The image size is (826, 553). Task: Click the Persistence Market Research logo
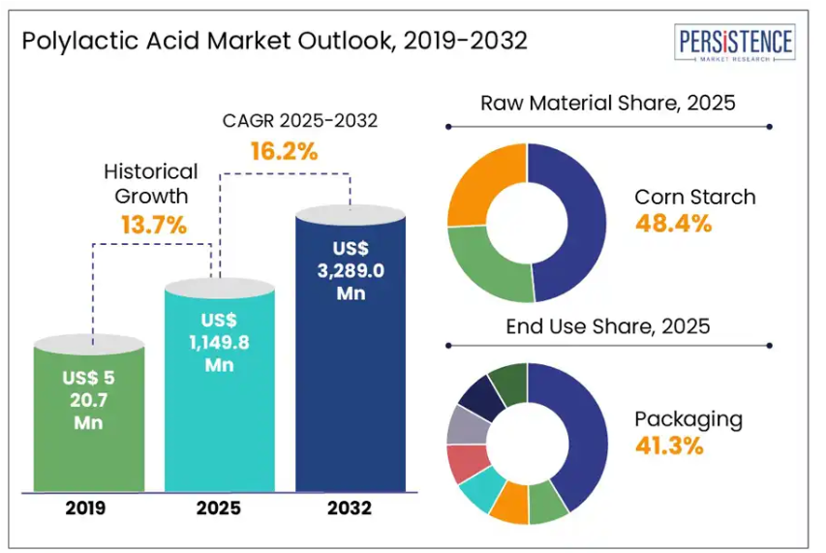pos(736,45)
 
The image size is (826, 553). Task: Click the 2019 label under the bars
pos(88,507)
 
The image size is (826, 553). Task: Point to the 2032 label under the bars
pos(351,507)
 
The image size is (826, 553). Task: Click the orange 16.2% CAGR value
pos(284,151)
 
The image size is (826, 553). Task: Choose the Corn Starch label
pos(694,197)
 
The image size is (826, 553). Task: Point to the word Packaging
pos(688,419)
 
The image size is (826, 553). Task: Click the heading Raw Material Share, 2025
pos(608,103)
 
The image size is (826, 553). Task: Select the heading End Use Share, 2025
pos(608,326)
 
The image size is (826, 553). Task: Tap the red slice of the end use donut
pos(466,463)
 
